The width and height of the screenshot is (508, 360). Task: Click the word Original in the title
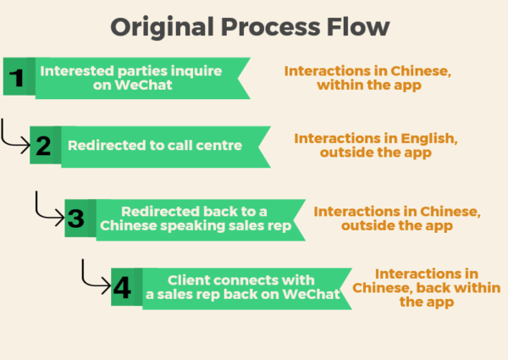tap(162, 28)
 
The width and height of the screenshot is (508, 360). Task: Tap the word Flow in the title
tap(358, 26)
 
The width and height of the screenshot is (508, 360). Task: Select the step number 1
tap(17, 78)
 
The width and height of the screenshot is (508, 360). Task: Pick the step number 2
tap(43, 146)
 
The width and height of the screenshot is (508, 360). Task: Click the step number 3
tap(76, 218)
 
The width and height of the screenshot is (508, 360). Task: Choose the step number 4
tap(122, 287)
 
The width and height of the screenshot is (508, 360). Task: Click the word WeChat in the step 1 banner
tap(143, 85)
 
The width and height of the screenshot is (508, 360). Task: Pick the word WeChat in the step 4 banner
tap(311, 294)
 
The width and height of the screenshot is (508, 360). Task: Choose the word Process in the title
tap(271, 26)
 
